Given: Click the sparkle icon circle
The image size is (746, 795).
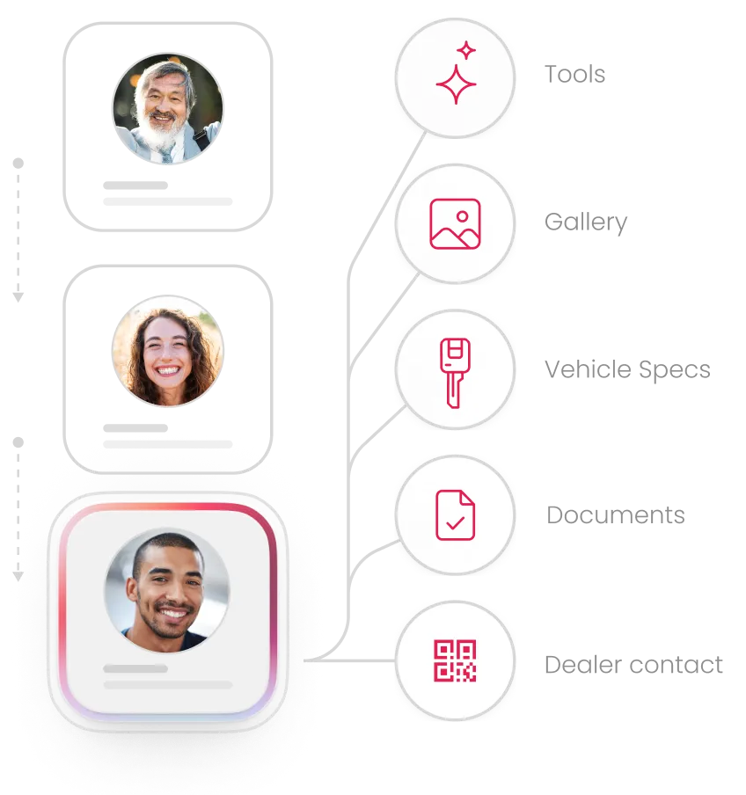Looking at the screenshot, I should pyautogui.click(x=455, y=77).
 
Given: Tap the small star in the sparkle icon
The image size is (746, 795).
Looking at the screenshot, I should pyautogui.click(x=466, y=51).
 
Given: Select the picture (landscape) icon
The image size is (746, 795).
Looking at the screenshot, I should pyautogui.click(x=455, y=223).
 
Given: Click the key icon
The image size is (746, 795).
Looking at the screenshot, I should pyautogui.click(x=455, y=371).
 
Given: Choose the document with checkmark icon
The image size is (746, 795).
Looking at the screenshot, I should pyautogui.click(x=455, y=515).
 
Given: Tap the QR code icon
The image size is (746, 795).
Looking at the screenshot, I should pyautogui.click(x=455, y=661).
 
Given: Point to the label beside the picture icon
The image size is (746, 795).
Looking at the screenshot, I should pyautogui.click(x=586, y=223).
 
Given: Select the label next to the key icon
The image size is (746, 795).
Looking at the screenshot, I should pyautogui.click(x=625, y=369).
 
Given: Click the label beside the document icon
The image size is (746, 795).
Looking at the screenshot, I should pyautogui.click(x=614, y=516).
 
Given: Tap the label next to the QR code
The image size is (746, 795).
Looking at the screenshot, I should pyautogui.click(x=633, y=664).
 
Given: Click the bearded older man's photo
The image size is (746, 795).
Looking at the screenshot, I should pyautogui.click(x=168, y=109).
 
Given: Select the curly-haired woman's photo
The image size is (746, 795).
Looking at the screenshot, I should pyautogui.click(x=167, y=351).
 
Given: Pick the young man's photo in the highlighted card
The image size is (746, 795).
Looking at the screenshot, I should pyautogui.click(x=167, y=590).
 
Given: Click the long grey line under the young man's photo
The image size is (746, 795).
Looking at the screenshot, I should pyautogui.click(x=168, y=684).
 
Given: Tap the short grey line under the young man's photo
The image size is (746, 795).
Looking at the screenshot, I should pyautogui.click(x=135, y=668).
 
